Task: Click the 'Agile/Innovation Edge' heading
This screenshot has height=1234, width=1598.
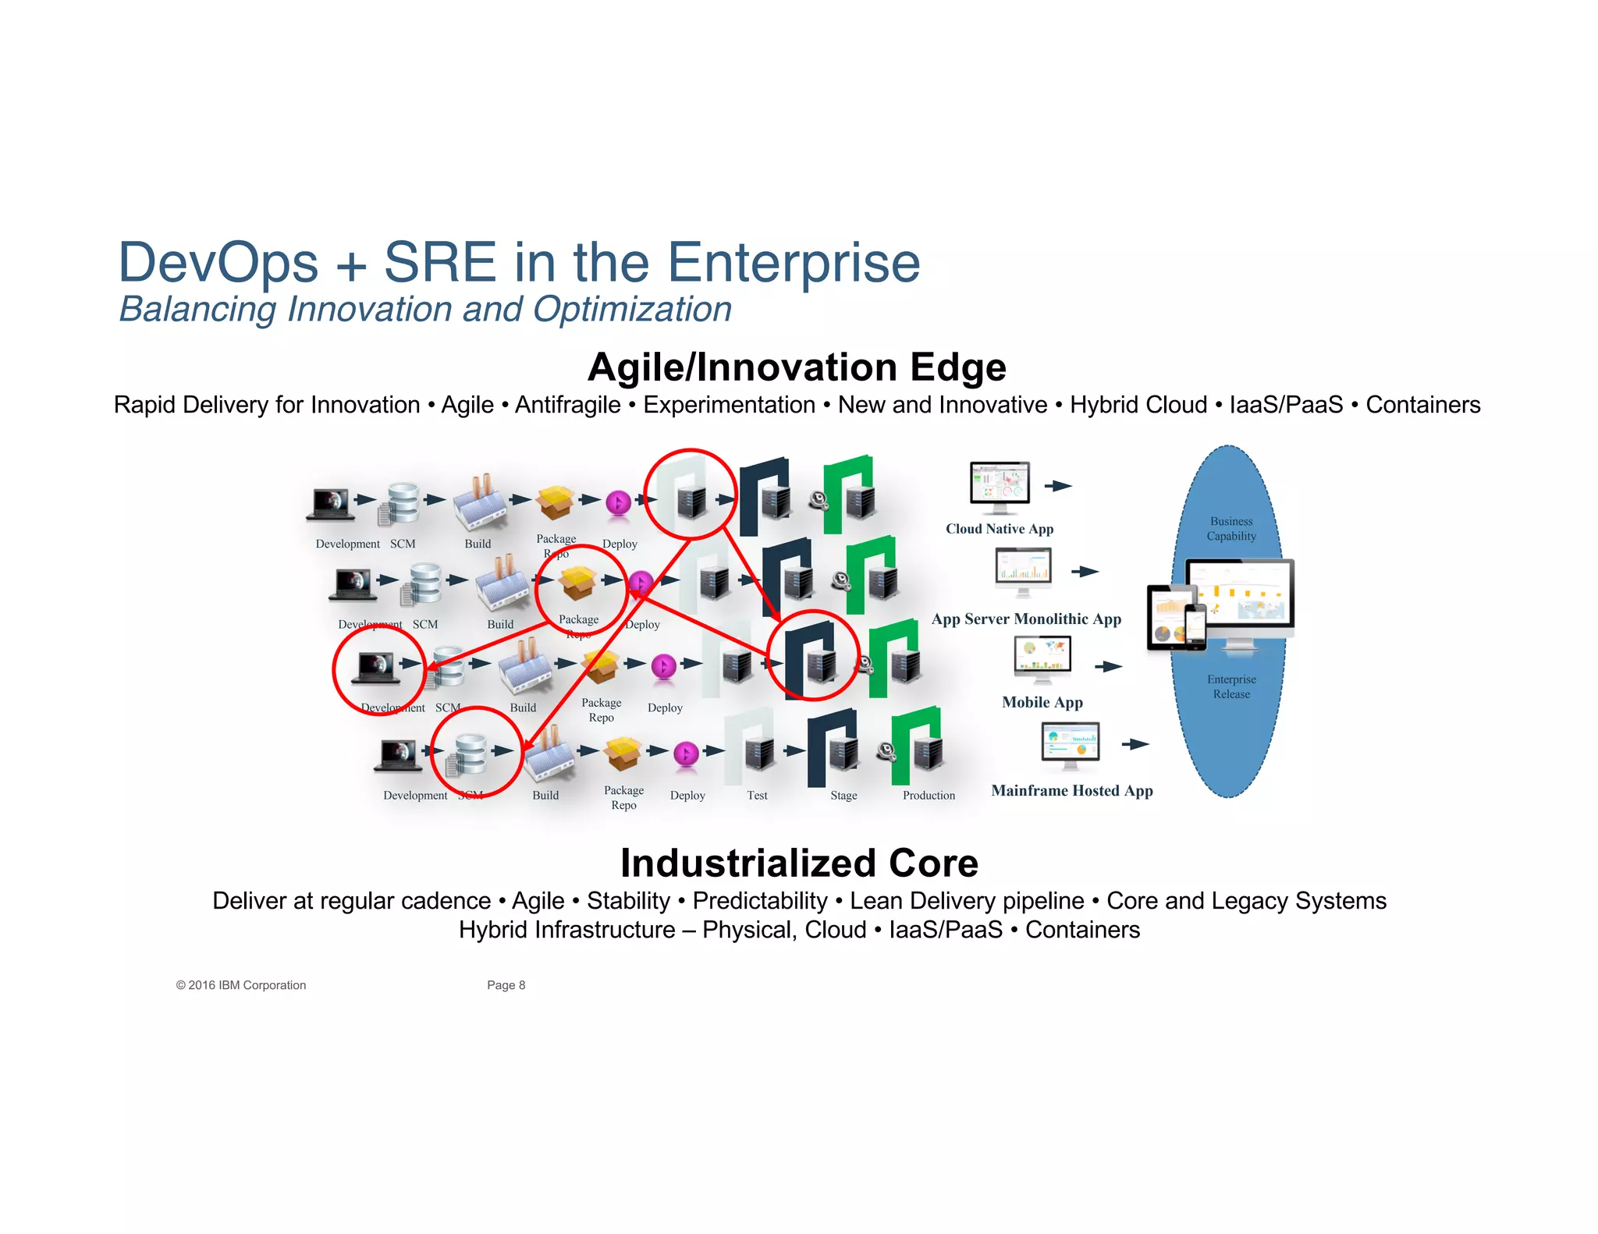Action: pyautogui.click(x=797, y=367)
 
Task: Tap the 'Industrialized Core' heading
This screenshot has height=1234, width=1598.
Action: pyautogui.click(x=799, y=863)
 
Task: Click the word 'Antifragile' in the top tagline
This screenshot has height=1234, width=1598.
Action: pyautogui.click(x=567, y=405)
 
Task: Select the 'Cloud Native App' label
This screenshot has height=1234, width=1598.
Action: pyautogui.click(x=1000, y=529)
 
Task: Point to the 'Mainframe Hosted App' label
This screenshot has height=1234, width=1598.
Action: pyautogui.click(x=1071, y=791)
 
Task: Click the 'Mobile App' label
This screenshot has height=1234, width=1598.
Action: pyautogui.click(x=1042, y=702)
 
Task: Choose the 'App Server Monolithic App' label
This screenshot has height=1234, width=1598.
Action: pyautogui.click(x=1026, y=619)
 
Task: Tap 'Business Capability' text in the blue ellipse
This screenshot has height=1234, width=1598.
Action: pyautogui.click(x=1231, y=529)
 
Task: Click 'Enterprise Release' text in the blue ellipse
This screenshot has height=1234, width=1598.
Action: pyautogui.click(x=1231, y=687)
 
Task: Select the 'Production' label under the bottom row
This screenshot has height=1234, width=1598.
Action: pyautogui.click(x=929, y=796)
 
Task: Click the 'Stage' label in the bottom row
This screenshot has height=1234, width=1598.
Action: pyautogui.click(x=843, y=796)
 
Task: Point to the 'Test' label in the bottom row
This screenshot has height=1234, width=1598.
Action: pyautogui.click(x=757, y=796)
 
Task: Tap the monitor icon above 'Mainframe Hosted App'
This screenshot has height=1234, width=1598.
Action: pyautogui.click(x=1071, y=743)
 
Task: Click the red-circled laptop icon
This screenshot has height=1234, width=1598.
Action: pyautogui.click(x=377, y=668)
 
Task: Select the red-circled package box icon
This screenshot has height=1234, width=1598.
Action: pyautogui.click(x=578, y=583)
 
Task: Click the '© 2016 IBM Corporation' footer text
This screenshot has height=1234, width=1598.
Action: pyautogui.click(x=241, y=985)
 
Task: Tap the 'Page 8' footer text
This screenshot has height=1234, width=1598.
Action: pyautogui.click(x=506, y=985)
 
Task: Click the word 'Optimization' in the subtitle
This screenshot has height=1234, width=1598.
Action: pyautogui.click(x=632, y=310)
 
